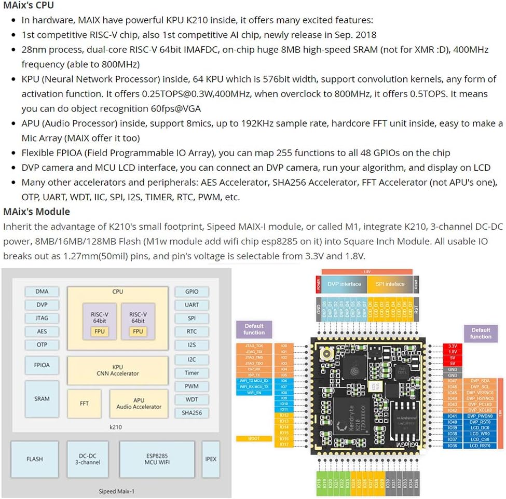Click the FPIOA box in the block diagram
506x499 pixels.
[42, 365]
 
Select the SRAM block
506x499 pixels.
[42, 399]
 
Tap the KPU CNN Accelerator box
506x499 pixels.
[117, 370]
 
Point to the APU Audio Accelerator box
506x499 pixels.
[139, 404]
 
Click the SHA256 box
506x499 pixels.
[192, 413]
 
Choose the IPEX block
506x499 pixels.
[211, 459]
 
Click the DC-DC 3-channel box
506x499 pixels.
[86, 459]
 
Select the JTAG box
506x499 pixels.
[42, 318]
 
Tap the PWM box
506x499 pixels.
[192, 386]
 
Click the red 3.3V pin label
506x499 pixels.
[453, 345]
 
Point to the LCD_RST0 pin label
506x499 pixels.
[480, 446]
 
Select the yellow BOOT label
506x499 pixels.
[254, 438]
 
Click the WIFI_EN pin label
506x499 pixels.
[254, 393]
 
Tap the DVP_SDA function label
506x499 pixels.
[480, 381]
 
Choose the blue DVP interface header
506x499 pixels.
[344, 284]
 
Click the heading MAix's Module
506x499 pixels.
[36, 212]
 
